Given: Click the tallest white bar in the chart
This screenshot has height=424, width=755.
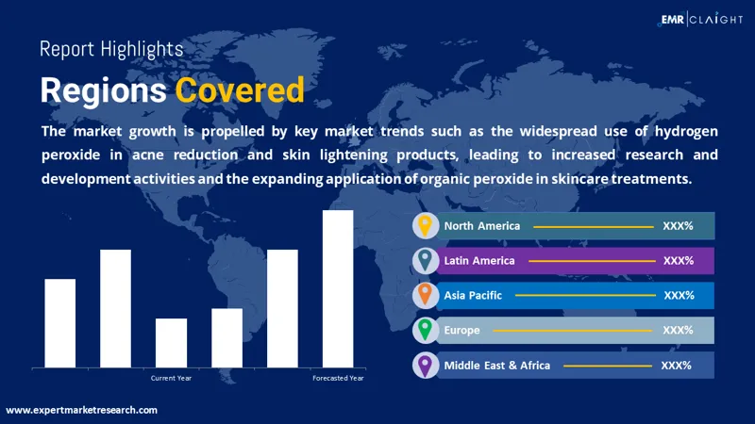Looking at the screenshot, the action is pos(338,289).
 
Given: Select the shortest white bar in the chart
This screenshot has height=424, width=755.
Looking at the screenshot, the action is pos(171,343).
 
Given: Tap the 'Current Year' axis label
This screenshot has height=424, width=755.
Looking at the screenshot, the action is pos(171,379).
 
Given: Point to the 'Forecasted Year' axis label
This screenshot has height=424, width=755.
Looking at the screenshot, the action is pos(338,379).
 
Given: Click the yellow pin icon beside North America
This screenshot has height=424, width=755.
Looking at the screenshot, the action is pos(425,226).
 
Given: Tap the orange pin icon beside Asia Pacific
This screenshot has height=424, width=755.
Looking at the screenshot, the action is pos(425,295).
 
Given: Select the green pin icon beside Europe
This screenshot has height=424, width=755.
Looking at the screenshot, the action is pos(425,330).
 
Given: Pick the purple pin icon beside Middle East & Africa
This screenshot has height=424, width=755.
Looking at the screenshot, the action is pos(425,366).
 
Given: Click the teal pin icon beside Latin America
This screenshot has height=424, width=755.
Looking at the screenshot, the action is pos(425,260).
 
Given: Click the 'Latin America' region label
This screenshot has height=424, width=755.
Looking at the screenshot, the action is pos(479,261).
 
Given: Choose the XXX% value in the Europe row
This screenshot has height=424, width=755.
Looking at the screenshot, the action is pos(678,331).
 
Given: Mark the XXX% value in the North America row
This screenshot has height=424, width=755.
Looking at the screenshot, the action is pos(678,226).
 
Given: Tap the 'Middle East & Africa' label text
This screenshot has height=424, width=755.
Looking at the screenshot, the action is pos(497,366).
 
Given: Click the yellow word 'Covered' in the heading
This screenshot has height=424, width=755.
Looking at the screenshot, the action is pos(240,90).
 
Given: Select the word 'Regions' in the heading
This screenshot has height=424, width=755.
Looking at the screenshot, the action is pos(104,90).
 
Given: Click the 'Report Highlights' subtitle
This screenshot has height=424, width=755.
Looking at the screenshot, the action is pos(111,50).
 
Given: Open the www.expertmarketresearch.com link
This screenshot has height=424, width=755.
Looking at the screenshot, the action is pos(81,410).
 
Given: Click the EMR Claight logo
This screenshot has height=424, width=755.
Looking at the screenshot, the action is pos(700,19).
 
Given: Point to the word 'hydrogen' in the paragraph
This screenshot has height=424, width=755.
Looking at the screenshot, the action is pos(686,132).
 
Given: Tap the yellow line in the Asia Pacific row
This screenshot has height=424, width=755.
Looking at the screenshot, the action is pos(585,295).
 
